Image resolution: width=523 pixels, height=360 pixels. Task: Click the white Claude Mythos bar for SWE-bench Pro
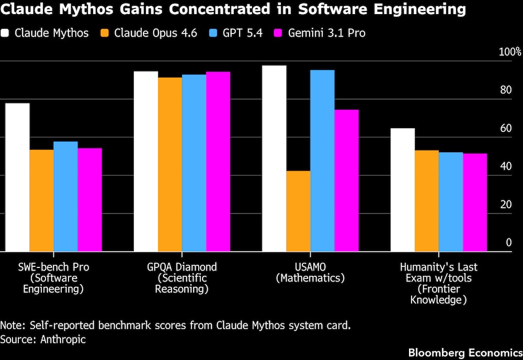pyautogui.click(x=17, y=177)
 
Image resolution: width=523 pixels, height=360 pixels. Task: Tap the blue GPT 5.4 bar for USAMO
pyautogui.click(x=322, y=161)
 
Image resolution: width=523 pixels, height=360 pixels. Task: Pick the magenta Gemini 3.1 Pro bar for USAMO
pyautogui.click(x=346, y=181)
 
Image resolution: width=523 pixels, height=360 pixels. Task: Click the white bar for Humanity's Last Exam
pyautogui.click(x=402, y=190)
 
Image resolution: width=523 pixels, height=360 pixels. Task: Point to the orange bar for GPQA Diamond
pyautogui.click(x=170, y=164)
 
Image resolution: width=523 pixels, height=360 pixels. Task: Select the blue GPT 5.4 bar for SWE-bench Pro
pyautogui.click(x=65, y=196)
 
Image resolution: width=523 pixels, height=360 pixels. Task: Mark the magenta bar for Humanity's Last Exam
pyautogui.click(x=475, y=203)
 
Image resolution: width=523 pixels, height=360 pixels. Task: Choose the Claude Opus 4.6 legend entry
pyautogui.click(x=149, y=33)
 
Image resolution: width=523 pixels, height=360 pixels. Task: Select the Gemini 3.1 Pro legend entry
pyautogui.click(x=319, y=33)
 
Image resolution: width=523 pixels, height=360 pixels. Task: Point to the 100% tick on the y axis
pyautogui.click(x=510, y=52)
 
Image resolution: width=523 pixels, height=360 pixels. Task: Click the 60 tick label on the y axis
pyautogui.click(x=505, y=129)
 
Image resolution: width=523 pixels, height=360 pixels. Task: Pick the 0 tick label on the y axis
pyautogui.click(x=508, y=243)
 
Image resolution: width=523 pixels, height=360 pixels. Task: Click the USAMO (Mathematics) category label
pyautogui.click(x=310, y=272)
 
